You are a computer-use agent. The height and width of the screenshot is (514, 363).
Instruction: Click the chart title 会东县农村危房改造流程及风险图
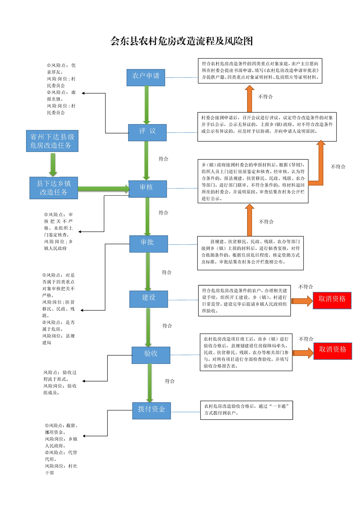point(181,41)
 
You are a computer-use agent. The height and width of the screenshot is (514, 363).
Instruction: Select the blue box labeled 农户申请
point(146,77)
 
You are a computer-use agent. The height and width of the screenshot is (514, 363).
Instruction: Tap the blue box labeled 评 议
point(147,132)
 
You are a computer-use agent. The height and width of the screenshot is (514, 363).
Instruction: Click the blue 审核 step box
point(148,189)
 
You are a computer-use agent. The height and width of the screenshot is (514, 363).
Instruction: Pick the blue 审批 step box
point(149,244)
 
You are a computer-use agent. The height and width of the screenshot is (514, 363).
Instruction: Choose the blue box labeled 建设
point(149,299)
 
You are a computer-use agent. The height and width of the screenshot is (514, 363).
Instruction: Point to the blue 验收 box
point(151,355)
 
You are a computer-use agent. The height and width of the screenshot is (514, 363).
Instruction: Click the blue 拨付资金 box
point(152,410)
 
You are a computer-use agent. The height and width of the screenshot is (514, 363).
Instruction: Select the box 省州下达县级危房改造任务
point(52,141)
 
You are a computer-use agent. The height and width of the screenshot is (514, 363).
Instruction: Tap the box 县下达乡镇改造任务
point(54,188)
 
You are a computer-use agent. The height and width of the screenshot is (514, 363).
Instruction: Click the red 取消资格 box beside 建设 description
point(332,300)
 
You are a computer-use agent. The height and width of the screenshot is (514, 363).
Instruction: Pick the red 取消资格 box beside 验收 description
point(333,351)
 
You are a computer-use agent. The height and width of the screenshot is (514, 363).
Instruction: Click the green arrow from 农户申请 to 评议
point(146,105)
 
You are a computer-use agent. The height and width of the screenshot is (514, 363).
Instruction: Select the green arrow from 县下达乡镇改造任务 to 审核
point(103,189)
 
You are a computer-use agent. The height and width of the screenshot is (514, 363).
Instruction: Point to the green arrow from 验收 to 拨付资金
point(150,382)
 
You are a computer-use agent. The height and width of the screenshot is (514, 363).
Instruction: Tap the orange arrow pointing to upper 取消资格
point(302,301)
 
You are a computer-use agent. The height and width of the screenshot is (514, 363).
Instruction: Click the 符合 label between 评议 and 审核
point(163,159)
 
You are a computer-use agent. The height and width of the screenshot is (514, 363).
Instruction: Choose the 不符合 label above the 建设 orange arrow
point(306,287)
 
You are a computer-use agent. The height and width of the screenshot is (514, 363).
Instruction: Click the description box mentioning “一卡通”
point(246,410)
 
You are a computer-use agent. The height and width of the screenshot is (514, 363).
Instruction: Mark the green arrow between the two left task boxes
point(53,164)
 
